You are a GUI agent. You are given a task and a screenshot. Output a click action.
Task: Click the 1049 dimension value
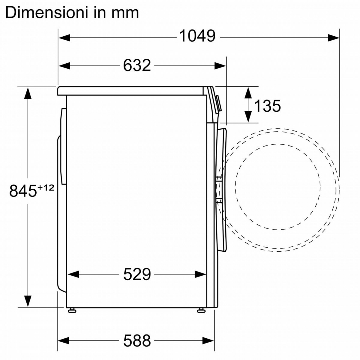(x=197, y=36)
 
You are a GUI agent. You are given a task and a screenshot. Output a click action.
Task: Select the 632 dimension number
(x=137, y=65)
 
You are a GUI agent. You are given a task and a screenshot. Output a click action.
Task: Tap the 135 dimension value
(x=268, y=106)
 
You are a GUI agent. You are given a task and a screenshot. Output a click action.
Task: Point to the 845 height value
(x=23, y=191)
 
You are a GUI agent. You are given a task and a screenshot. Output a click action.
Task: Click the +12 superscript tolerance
(x=46, y=187)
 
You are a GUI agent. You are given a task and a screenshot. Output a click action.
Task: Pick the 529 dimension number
(x=137, y=274)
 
